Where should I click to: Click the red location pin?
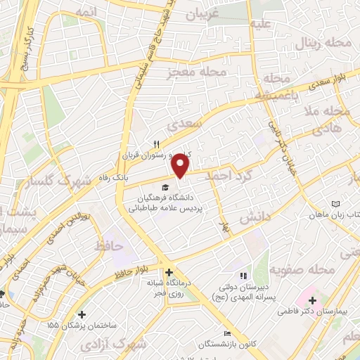pyautogui.click(x=181, y=166)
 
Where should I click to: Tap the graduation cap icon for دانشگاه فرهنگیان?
pyautogui.click(x=165, y=187)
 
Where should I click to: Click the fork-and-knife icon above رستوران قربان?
pyautogui.click(x=147, y=142)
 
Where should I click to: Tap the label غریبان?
pyautogui.click(x=205, y=14)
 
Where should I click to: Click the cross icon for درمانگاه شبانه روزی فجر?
pyautogui.click(x=169, y=272)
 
